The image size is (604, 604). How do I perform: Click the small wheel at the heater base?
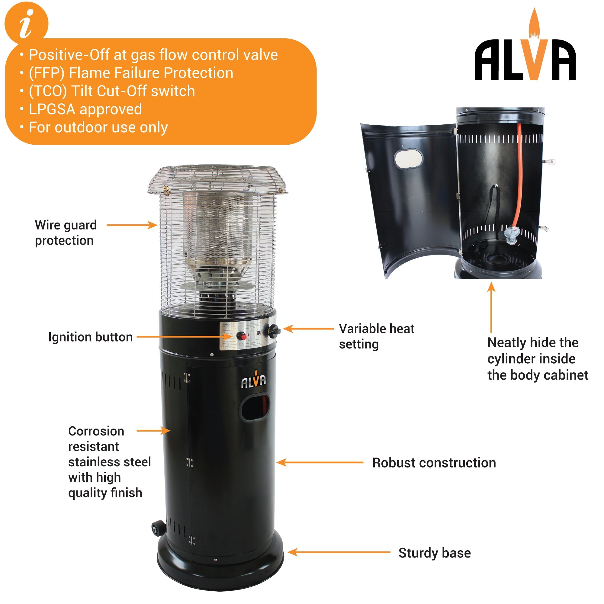pyautogui.click(x=158, y=528)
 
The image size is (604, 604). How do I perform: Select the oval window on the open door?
pyautogui.click(x=408, y=159)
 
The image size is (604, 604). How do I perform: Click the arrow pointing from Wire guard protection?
pyautogui.click(x=132, y=225)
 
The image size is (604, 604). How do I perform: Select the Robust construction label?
pyautogui.click(x=434, y=463)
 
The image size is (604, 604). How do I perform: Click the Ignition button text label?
pyautogui.click(x=90, y=337)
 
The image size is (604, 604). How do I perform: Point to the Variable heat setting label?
pyautogui.click(x=376, y=336)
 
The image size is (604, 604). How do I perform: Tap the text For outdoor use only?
pyautogui.click(x=98, y=127)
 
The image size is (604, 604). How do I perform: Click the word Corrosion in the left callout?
pyautogui.click(x=96, y=431)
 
